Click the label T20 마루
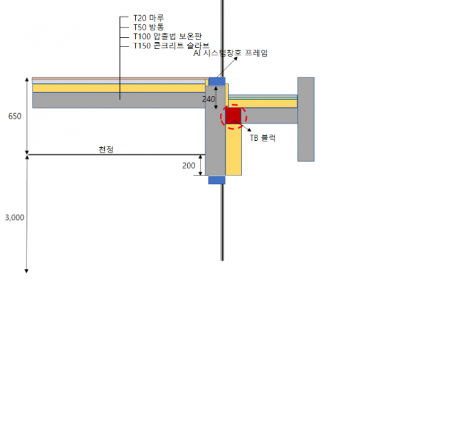(x=149, y=18)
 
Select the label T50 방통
(x=149, y=28)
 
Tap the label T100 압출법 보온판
(x=168, y=36)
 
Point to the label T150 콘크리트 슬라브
(x=171, y=46)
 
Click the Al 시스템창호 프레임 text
(x=230, y=53)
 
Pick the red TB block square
(x=234, y=116)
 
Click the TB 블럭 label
(x=263, y=138)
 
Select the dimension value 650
(x=14, y=116)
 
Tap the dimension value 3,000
(x=14, y=218)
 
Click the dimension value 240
(x=208, y=99)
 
